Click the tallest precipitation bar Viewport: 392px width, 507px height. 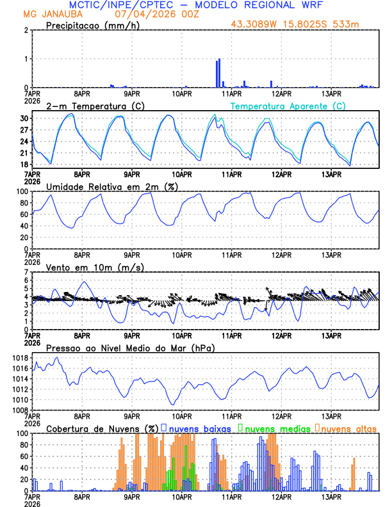pos(219,72)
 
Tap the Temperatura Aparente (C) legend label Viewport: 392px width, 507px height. pos(288,106)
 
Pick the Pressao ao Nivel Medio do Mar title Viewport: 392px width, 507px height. pos(130,348)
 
